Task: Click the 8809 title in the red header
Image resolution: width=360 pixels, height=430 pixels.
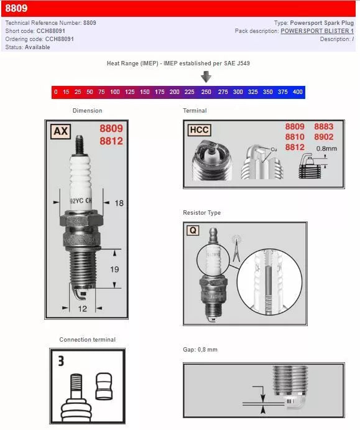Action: pos(16,9)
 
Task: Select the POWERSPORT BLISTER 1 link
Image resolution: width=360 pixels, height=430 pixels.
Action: pos(316,30)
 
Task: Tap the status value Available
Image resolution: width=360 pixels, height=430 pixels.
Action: pos(37,47)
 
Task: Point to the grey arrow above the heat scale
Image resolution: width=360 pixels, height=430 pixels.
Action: pos(206,77)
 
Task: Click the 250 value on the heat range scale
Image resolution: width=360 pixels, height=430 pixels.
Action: pos(206,92)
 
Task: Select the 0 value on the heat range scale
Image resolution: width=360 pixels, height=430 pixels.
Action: pos(56,92)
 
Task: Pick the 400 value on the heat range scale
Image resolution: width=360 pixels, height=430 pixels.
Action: pos(297,92)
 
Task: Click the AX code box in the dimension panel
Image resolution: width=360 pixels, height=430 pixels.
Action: pos(60,131)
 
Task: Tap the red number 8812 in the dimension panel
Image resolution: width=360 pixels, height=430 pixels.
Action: pos(111,141)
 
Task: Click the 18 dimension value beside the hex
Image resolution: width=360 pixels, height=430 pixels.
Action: pos(119,203)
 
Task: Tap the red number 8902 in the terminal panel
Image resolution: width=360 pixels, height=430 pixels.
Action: pos(323,137)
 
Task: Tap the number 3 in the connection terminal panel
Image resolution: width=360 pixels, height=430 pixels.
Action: pos(61,361)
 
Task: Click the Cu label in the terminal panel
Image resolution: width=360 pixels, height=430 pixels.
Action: pos(274,149)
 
